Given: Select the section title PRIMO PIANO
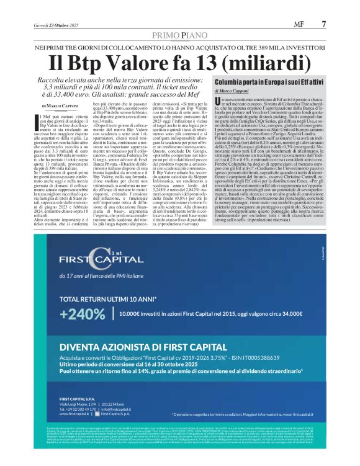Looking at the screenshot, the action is click(x=179, y=37).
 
